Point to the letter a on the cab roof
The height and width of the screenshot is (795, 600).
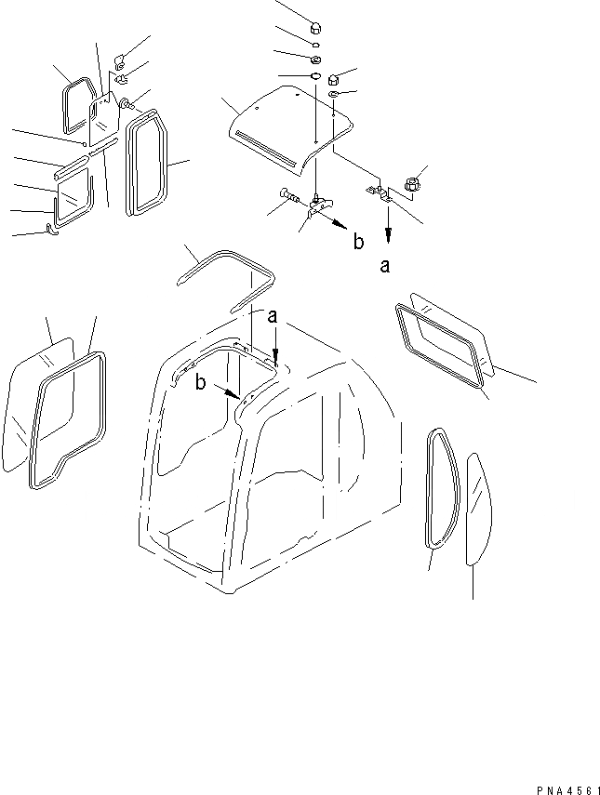coord(273,317)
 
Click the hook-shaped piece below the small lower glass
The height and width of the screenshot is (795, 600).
coord(52,229)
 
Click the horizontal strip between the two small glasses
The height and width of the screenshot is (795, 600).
coord(72,168)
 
